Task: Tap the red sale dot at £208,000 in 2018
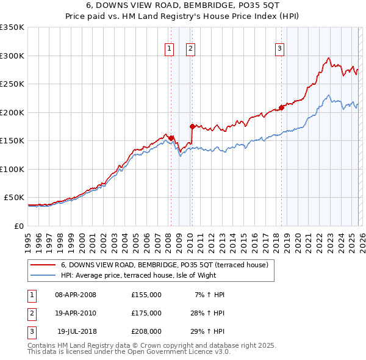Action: tap(281, 108)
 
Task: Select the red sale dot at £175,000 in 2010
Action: tap(192, 127)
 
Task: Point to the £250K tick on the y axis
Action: tap(12, 84)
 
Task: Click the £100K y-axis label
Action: tap(12, 169)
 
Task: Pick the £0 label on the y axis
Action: tap(18, 226)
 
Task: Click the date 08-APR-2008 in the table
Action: tap(76, 295)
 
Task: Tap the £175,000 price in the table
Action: tap(146, 313)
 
